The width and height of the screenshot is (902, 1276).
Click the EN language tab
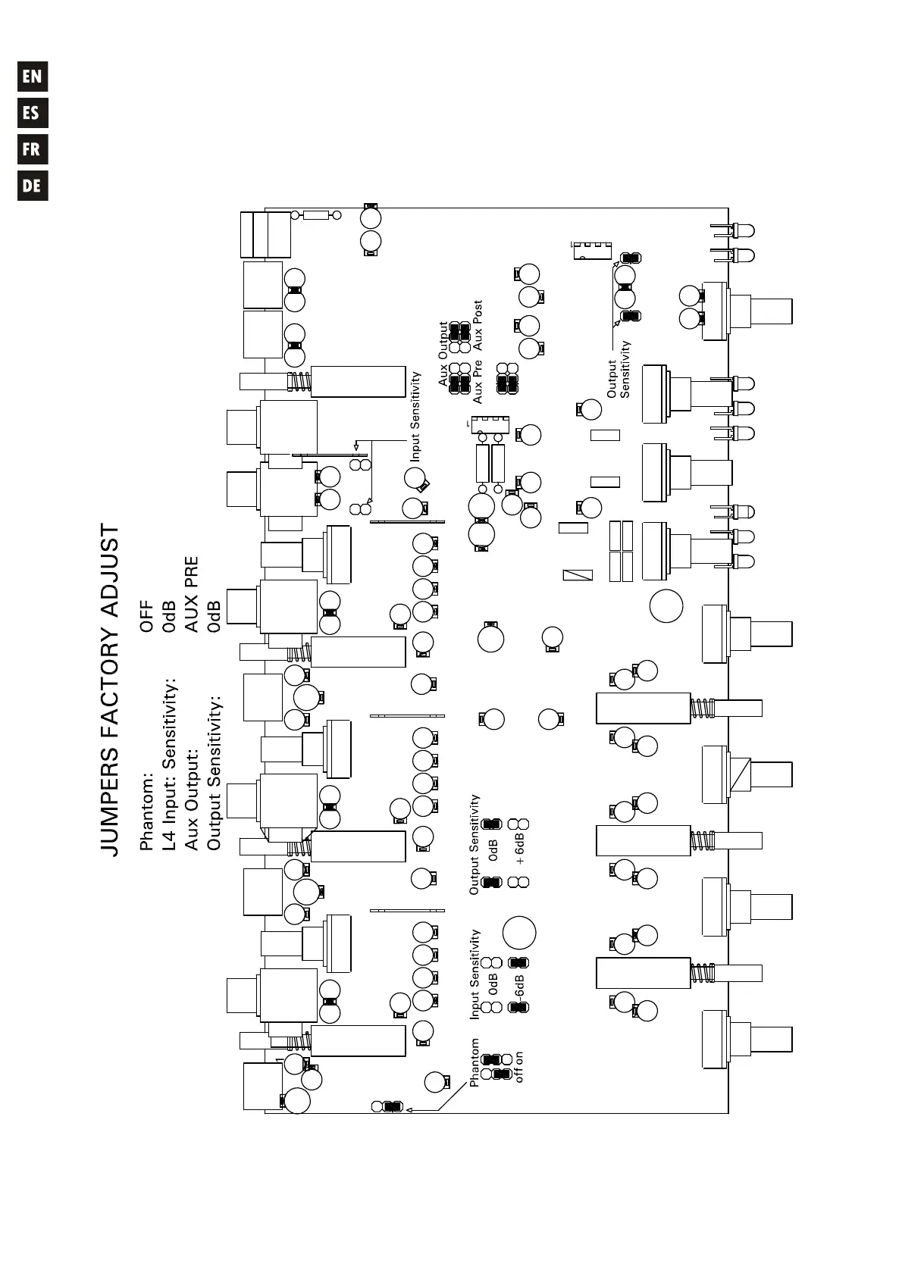coord(33,77)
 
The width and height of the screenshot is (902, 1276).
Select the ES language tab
coord(33,113)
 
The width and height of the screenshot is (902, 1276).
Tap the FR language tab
coord(33,149)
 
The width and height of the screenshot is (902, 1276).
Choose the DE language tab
coord(33,186)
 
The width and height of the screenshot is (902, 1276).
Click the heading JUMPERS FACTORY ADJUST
coord(110,690)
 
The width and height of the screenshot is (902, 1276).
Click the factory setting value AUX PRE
coord(192,595)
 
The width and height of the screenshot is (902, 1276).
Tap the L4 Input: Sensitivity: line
coord(170,765)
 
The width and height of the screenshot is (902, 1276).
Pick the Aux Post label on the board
coord(478,325)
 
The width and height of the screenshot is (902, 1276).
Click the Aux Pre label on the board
coord(478,381)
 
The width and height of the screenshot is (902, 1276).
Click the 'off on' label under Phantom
coord(519,1066)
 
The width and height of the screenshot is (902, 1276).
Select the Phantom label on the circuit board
coord(474,1062)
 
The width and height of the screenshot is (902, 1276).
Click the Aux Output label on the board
coord(443,354)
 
